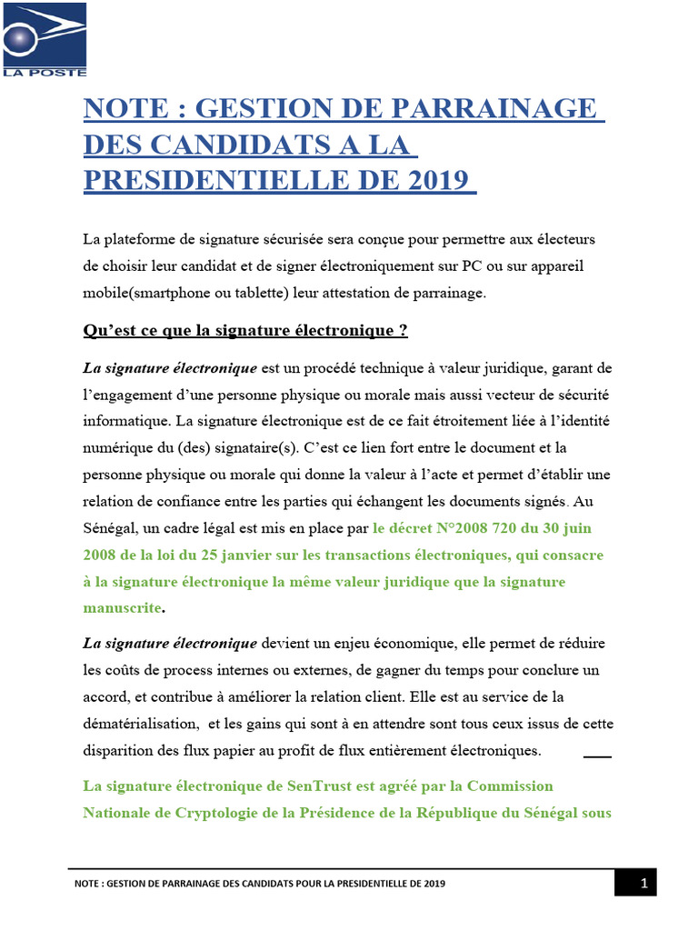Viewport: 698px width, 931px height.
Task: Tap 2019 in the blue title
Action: click(440, 177)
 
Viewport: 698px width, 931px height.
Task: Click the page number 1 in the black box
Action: click(643, 883)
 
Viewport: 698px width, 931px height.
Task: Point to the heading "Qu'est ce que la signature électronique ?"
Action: click(245, 331)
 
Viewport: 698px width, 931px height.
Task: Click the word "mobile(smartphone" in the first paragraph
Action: click(141, 292)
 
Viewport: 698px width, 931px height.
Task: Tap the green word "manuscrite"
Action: click(123, 606)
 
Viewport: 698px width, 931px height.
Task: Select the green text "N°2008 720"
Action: click(472, 527)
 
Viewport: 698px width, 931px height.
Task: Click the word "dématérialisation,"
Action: click(141, 724)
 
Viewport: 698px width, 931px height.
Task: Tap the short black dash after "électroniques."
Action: click(597, 756)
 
